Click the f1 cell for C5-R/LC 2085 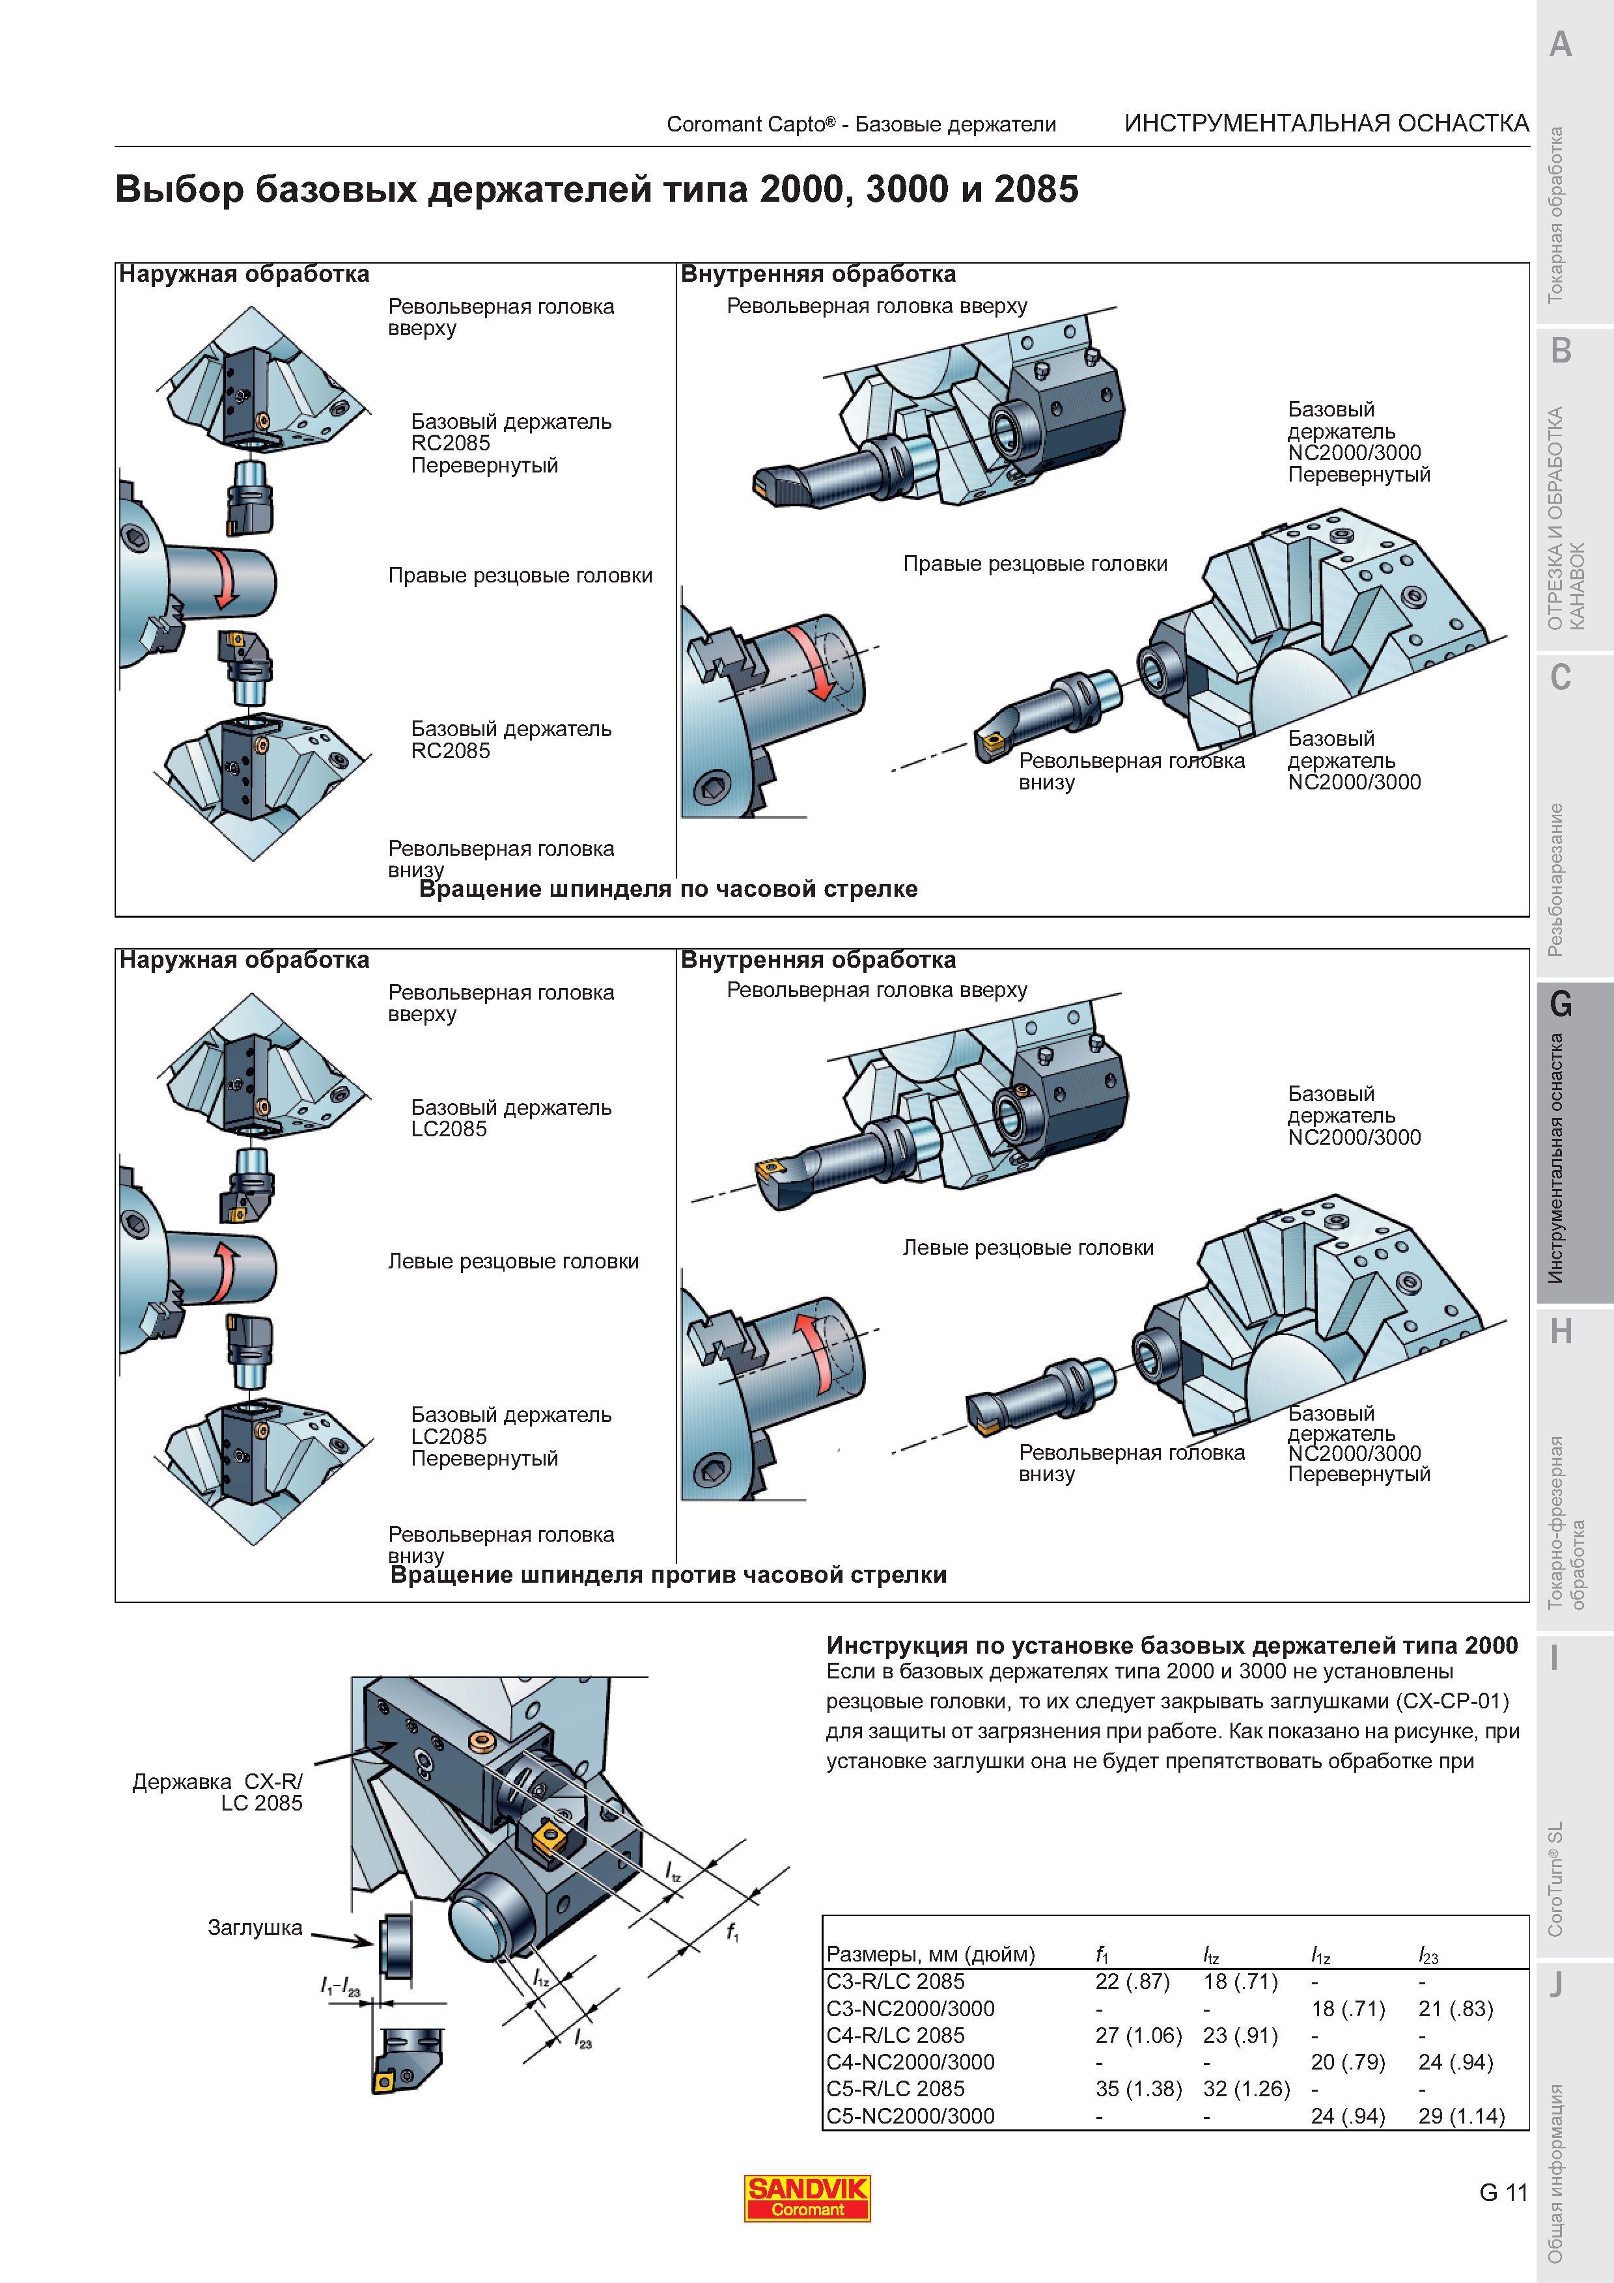(1137, 2089)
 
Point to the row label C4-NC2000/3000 (910, 2062)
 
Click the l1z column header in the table (1320, 1955)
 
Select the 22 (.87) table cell (1133, 1982)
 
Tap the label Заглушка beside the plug (255, 1928)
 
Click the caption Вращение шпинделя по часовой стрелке (668, 889)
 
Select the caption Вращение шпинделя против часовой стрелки (668, 1575)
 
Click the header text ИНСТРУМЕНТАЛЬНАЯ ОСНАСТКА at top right (1327, 123)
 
